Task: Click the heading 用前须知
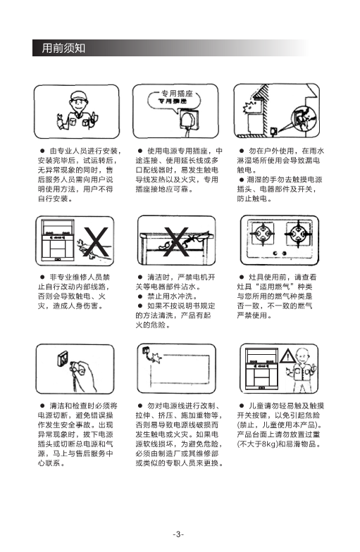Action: pyautogui.click(x=63, y=48)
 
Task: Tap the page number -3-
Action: pyautogui.click(x=178, y=534)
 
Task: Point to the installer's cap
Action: pyautogui.click(x=78, y=96)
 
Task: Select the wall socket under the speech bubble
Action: pyautogui.click(x=189, y=119)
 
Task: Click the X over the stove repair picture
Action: pyautogui.click(x=96, y=242)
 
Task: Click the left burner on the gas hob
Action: pyautogui.click(x=262, y=234)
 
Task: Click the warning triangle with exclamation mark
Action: pyautogui.click(x=287, y=356)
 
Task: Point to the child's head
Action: pyautogui.click(x=302, y=356)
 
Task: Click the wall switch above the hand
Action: pyautogui.click(x=63, y=360)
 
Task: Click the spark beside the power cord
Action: pyautogui.click(x=155, y=358)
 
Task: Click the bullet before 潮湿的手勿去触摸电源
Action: pyautogui.click(x=242, y=179)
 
